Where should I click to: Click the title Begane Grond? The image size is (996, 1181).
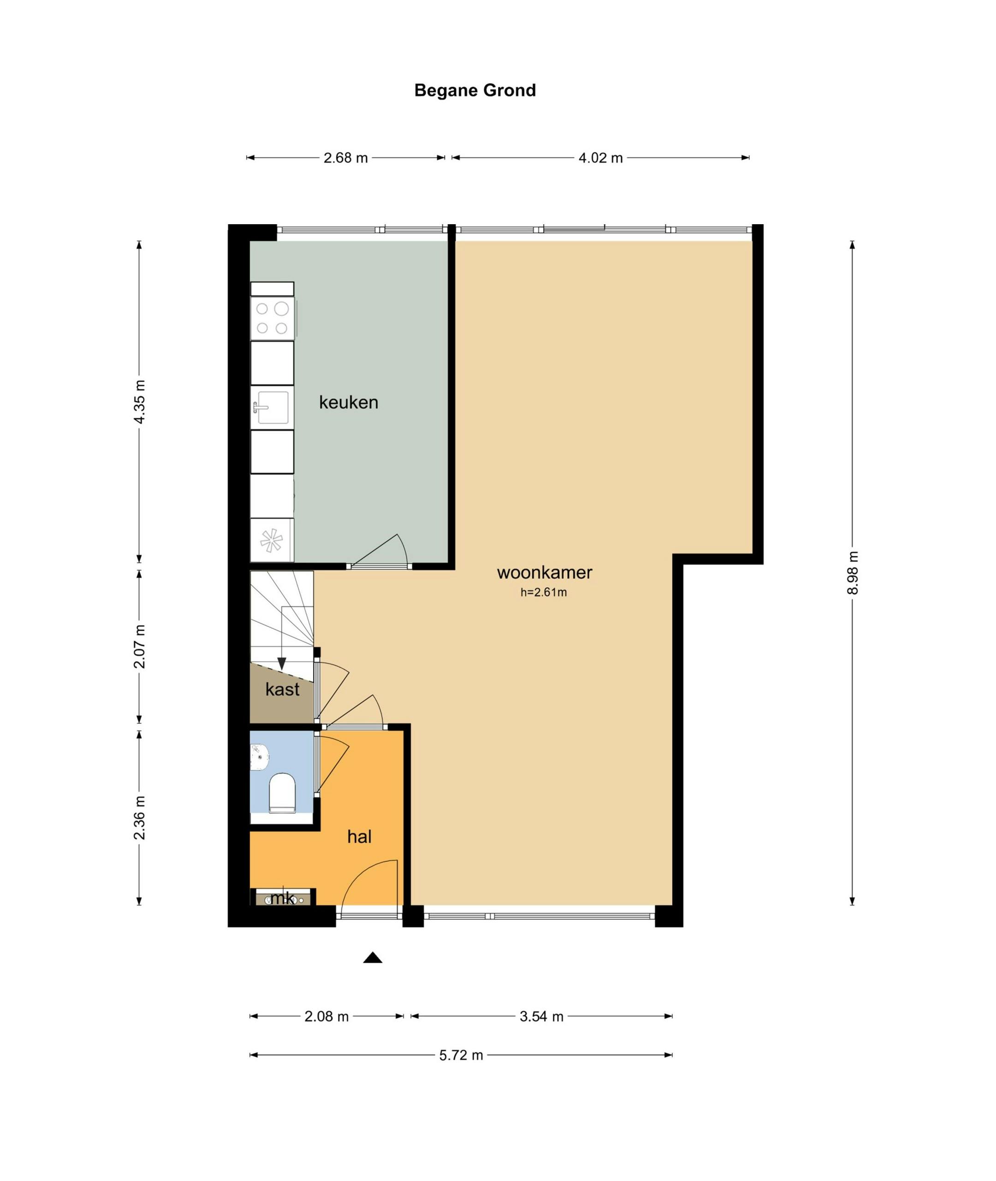[x=475, y=90]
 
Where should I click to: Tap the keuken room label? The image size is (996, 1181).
[x=349, y=402]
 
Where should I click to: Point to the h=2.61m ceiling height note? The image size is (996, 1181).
[x=543, y=592]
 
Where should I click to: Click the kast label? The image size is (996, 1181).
[x=282, y=689]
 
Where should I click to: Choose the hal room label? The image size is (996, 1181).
[x=359, y=836]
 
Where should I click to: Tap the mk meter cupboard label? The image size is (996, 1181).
[x=282, y=898]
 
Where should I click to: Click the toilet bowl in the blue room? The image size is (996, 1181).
[x=282, y=793]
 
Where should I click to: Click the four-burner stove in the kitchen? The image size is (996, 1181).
[x=272, y=318]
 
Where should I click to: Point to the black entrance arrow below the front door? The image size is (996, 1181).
[x=373, y=957]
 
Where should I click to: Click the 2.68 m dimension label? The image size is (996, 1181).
[x=345, y=158]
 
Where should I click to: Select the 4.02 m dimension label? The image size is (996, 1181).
[x=600, y=158]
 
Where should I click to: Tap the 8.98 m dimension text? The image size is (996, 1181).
[x=853, y=573]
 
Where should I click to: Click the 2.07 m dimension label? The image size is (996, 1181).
[x=139, y=647]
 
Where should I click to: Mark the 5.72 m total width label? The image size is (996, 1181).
[x=461, y=1055]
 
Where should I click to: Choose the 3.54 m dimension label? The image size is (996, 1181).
[x=541, y=1017]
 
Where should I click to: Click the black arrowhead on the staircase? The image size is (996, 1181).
[x=282, y=664]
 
